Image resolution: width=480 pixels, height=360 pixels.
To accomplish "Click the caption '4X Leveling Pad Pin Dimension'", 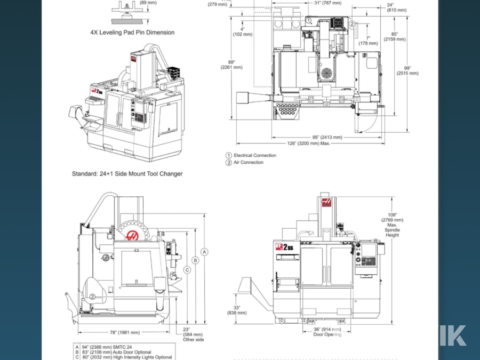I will pyautogui.click(x=132, y=33).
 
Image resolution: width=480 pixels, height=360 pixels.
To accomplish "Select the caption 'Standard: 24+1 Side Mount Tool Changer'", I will pyautogui.click(x=127, y=174).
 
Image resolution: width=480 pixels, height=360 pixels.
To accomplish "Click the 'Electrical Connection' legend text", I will pyautogui.click(x=255, y=156).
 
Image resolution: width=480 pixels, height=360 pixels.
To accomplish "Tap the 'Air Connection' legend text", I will pyautogui.click(x=249, y=163).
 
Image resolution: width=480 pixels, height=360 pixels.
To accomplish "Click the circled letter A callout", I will pyautogui.click(x=205, y=251).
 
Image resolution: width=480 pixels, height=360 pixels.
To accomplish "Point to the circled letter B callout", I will pyautogui.click(x=196, y=260).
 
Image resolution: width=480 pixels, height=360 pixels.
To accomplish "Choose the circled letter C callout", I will pyautogui.click(x=187, y=270).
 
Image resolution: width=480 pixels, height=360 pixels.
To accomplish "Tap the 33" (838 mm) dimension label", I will pyautogui.click(x=236, y=310).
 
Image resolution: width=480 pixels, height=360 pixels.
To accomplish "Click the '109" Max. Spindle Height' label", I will pyautogui.click(x=392, y=225).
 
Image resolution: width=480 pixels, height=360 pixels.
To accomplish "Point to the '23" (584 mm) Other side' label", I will pyautogui.click(x=193, y=334).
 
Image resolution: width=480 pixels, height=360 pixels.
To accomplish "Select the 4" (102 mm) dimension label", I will pyautogui.click(x=242, y=32).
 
